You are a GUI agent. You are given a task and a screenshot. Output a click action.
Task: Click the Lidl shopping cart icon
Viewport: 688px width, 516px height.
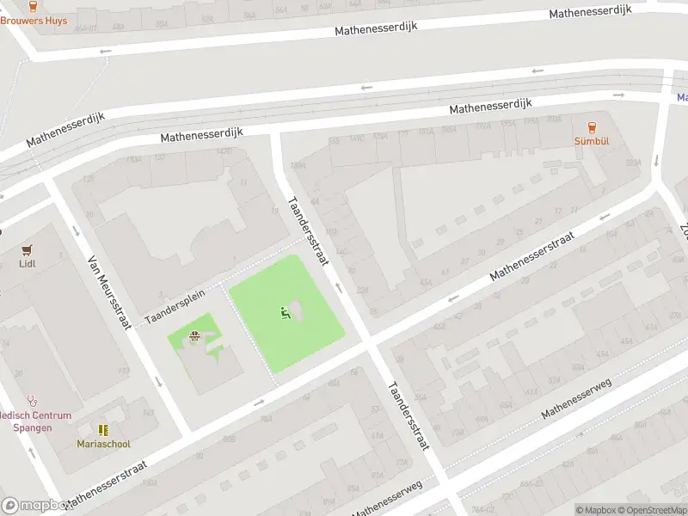coord(27,249)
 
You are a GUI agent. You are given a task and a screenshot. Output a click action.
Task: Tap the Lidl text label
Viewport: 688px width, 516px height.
coord(27,264)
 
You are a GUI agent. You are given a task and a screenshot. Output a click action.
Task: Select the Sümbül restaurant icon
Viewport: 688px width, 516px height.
coord(592,126)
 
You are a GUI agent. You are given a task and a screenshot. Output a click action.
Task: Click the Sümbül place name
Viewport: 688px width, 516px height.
coord(592,140)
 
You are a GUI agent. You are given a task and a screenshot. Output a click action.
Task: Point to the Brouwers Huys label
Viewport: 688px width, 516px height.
coord(34,20)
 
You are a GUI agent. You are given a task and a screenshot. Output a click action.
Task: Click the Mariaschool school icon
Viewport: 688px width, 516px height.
coord(103,429)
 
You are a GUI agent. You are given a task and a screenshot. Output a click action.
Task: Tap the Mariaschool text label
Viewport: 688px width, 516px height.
coord(103,444)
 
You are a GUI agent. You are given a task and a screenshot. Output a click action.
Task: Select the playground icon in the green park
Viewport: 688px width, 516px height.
coord(286,313)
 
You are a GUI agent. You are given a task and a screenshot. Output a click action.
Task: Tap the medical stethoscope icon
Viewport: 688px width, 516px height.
coord(32,400)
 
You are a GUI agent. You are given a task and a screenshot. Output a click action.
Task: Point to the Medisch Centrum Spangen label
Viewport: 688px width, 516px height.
coord(26,421)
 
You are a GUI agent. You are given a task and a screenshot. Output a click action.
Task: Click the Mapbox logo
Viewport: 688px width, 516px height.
coord(34,506)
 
